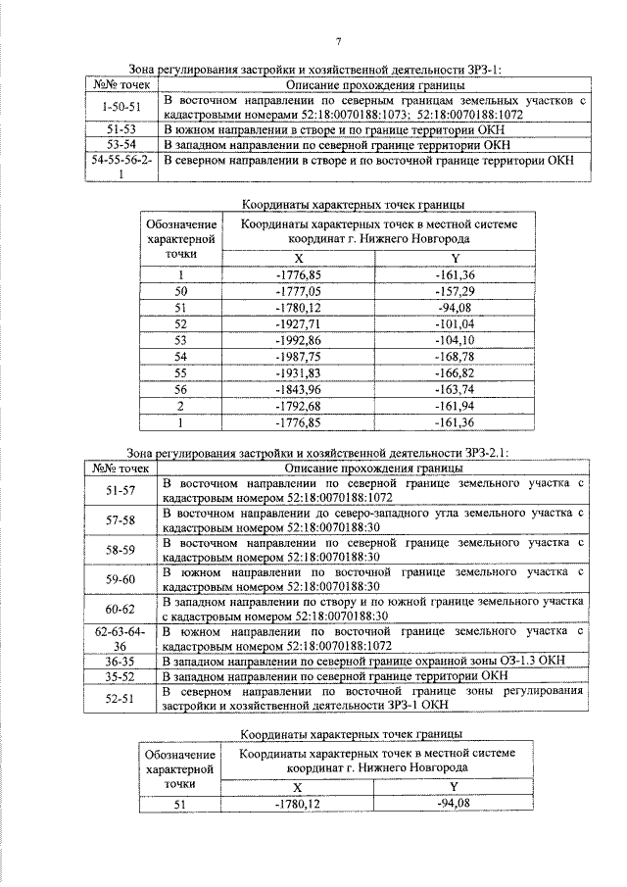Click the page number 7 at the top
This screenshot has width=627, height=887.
tap(338, 41)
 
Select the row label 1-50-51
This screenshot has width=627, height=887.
tap(121, 107)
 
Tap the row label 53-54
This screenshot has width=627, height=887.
tap(121, 144)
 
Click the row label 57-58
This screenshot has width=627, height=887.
tap(121, 518)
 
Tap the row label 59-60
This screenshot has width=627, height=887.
tap(121, 578)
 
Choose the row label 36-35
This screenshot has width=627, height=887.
tap(121, 661)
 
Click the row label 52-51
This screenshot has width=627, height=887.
tap(121, 697)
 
